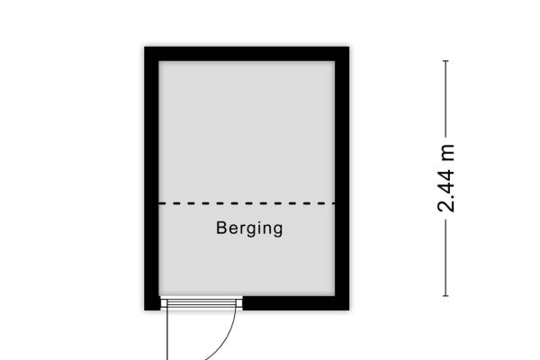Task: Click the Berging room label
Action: (x=249, y=229)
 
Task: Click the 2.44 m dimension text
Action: (x=446, y=178)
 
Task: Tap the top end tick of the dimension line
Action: (x=445, y=61)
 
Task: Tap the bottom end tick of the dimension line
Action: (x=445, y=295)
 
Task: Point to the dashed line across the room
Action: (x=247, y=203)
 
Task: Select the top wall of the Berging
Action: (x=247, y=54)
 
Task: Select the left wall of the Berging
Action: (x=151, y=178)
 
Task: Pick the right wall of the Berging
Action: (x=342, y=178)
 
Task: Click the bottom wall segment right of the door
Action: (x=296, y=303)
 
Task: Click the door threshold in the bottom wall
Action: (x=202, y=303)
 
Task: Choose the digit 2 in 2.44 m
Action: (x=446, y=206)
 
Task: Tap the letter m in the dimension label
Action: (x=448, y=153)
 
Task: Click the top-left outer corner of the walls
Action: (x=144, y=47)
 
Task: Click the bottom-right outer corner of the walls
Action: (x=349, y=310)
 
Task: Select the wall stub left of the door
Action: (x=152, y=303)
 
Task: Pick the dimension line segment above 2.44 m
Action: (x=445, y=99)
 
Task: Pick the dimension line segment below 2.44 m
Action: (x=445, y=257)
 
